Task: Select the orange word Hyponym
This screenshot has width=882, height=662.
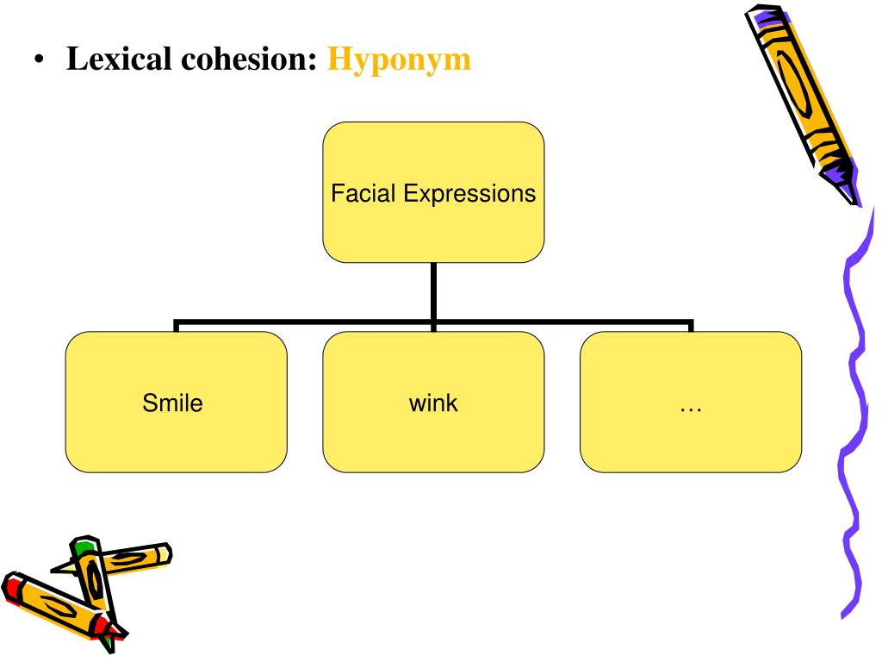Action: pos(399,60)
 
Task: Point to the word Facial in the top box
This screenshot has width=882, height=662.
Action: pos(361,193)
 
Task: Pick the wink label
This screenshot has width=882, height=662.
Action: pos(433,403)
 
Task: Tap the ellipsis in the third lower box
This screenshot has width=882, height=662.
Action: pos(691,404)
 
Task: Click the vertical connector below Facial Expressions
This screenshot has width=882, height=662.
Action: pos(433,293)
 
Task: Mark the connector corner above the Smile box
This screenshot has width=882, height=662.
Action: pos(176,326)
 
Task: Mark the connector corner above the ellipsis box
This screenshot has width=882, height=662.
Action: pos(691,326)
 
